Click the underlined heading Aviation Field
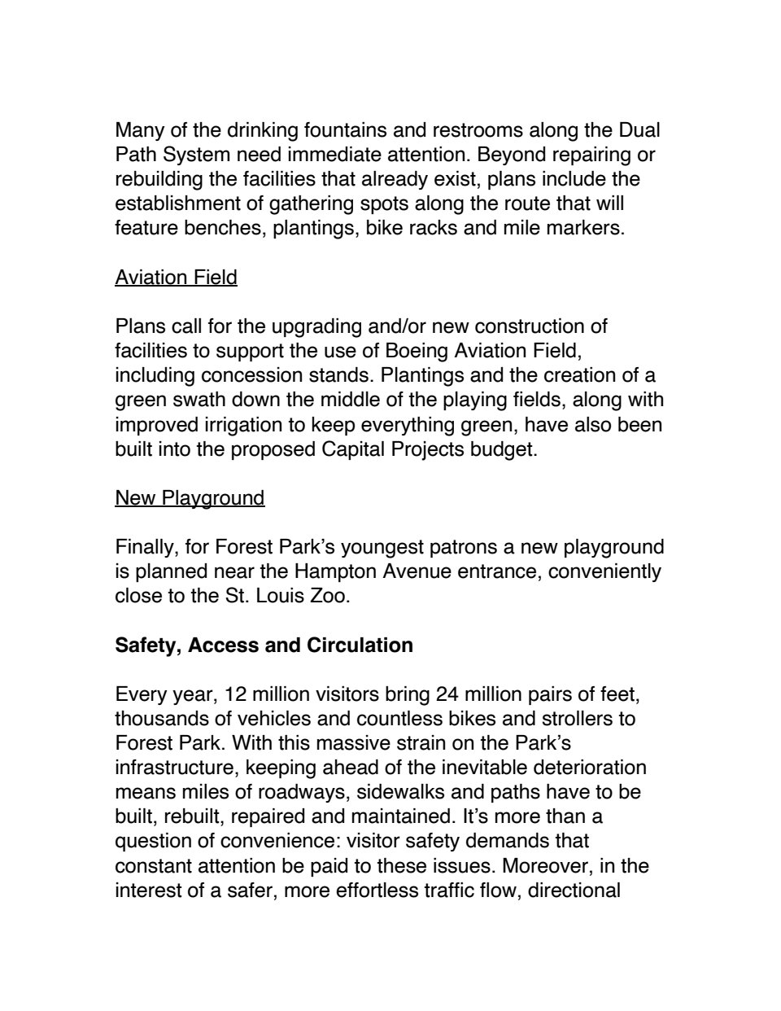[x=176, y=278]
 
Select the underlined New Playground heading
[x=190, y=497]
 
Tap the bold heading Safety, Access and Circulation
[x=264, y=646]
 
